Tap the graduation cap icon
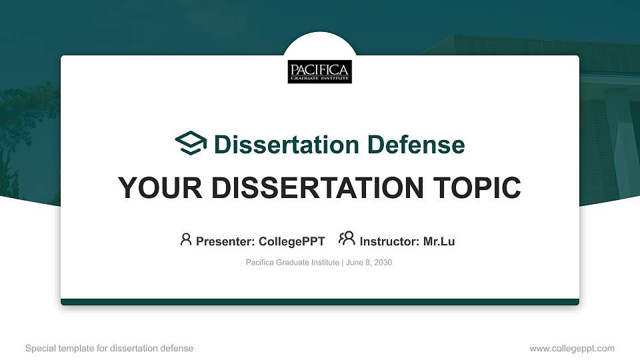pos(191,143)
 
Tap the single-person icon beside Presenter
pos(186,239)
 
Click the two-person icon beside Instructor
pos(347,239)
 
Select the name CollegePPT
pos(292,241)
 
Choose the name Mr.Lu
pos(439,241)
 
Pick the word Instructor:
pos(390,241)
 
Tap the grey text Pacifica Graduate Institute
pos(293,263)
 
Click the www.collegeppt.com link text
pos(571,348)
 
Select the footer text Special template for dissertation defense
pos(109,348)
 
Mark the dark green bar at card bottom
pos(320,302)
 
